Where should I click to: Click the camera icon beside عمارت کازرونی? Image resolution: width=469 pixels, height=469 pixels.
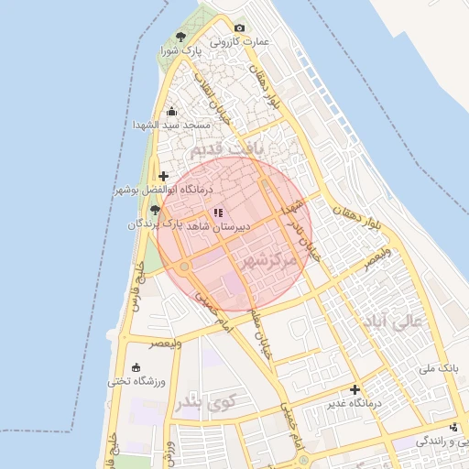240,28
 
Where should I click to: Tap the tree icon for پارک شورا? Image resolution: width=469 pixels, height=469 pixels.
180,37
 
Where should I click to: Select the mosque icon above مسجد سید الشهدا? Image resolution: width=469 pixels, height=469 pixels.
171,112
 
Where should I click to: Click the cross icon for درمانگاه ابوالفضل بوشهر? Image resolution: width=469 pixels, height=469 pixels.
163,176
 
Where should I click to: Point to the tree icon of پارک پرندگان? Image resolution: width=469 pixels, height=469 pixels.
154,210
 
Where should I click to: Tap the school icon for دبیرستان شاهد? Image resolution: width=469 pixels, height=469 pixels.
217,213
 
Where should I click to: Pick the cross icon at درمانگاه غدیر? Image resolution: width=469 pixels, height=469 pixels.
354,389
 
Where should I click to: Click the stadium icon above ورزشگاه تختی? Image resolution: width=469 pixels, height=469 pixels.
136,368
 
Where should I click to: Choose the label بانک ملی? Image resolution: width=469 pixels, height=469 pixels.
436,368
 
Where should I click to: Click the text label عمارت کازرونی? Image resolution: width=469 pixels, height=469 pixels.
237,42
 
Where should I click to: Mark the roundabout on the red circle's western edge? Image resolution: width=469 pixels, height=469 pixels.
185,267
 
